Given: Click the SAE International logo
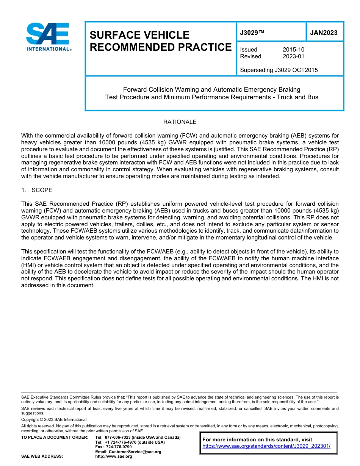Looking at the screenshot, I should (x=49, y=37).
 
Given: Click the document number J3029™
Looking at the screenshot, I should (x=252, y=33).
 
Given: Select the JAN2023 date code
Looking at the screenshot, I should (x=324, y=33).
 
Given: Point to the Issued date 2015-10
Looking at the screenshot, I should (x=293, y=50).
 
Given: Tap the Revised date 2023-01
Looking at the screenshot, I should (x=293, y=56).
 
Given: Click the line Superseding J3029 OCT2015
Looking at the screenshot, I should (x=279, y=70).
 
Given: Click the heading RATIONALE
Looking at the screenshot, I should (x=180, y=122).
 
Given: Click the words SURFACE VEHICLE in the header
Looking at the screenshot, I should (x=139, y=35).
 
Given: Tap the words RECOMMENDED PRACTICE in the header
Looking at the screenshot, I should (x=160, y=47).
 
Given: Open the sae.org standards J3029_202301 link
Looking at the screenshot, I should (x=266, y=446).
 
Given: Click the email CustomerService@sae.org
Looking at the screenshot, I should (x=128, y=452).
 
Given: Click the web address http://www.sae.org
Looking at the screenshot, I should (x=114, y=457).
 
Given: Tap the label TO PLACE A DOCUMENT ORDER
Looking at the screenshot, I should (x=55, y=438).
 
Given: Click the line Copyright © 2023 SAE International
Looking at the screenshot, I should (x=54, y=420).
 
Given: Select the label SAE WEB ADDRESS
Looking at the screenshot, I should (x=42, y=457).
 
